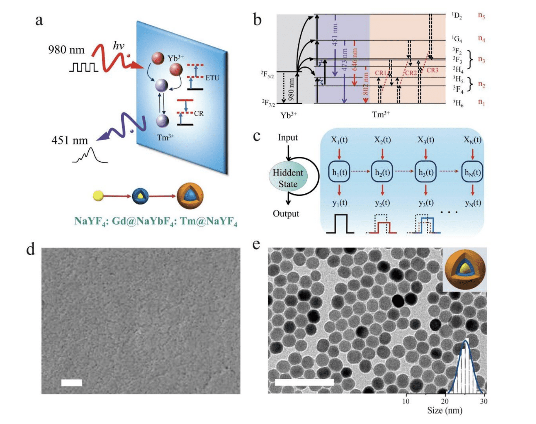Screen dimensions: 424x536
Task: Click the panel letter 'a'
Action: click(x=39, y=20)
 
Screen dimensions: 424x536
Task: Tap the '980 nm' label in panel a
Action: click(x=66, y=50)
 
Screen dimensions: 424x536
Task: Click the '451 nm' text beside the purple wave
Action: click(x=69, y=140)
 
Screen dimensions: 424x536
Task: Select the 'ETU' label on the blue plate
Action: click(x=212, y=78)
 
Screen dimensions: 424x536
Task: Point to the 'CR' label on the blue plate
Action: click(x=199, y=114)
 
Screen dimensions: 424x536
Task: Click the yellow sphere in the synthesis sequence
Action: click(x=98, y=196)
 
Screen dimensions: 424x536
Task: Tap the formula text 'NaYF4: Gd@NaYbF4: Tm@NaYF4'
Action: click(x=156, y=221)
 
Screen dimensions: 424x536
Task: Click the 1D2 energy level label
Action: click(x=457, y=15)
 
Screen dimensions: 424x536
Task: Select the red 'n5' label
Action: click(x=481, y=15)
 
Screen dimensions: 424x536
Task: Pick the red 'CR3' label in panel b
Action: click(x=432, y=70)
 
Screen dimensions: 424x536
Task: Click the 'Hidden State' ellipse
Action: click(x=288, y=178)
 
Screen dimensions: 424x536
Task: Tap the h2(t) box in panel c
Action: click(x=382, y=172)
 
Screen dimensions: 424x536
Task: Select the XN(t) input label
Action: click(x=472, y=140)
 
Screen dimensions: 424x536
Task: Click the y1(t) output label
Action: click(x=339, y=203)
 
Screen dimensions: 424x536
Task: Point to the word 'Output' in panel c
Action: click(x=286, y=214)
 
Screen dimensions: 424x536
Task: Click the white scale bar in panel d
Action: click(x=72, y=383)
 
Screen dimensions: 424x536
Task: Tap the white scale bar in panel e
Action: click(x=304, y=382)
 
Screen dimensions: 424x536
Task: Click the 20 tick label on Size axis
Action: click(x=445, y=401)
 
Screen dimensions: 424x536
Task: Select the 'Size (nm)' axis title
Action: click(x=445, y=411)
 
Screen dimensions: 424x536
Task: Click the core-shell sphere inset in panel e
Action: click(x=465, y=270)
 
